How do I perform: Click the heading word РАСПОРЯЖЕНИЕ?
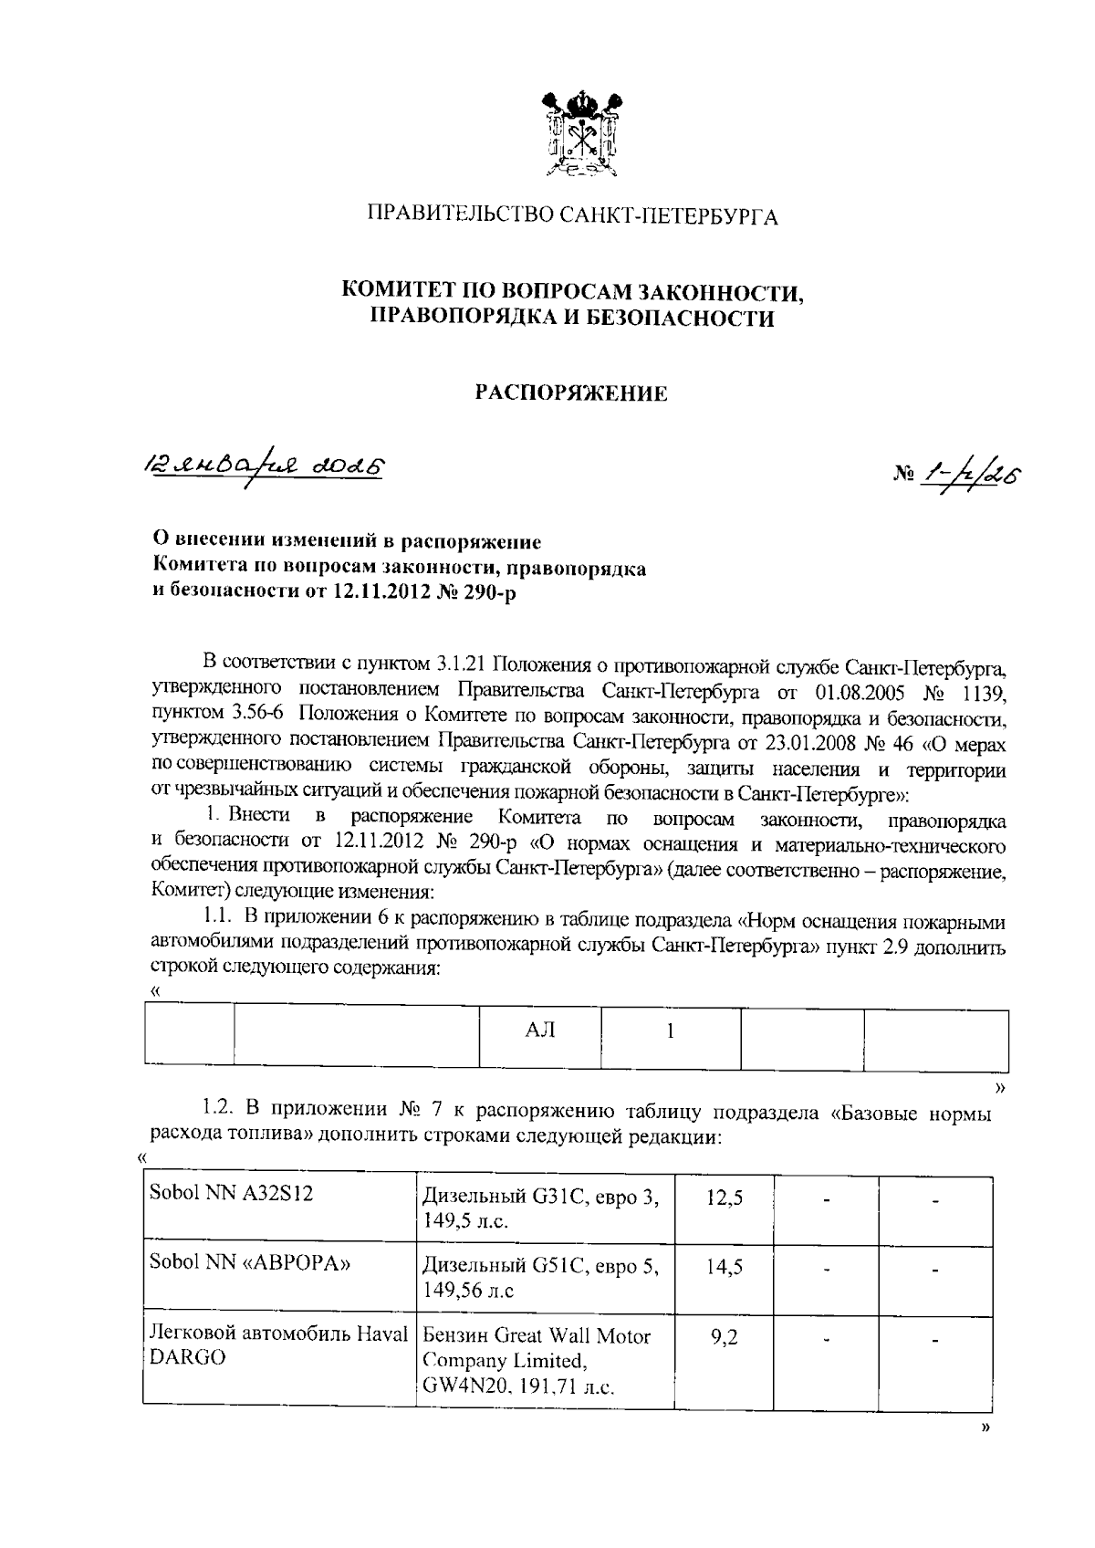pyautogui.click(x=572, y=393)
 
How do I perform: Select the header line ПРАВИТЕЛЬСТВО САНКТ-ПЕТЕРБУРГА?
pyautogui.click(x=572, y=217)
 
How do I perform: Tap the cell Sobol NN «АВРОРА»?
pyautogui.click(x=240, y=1263)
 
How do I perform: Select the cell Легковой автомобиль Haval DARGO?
pyautogui.click(x=277, y=1345)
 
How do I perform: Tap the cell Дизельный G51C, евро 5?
pyautogui.click(x=540, y=1278)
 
